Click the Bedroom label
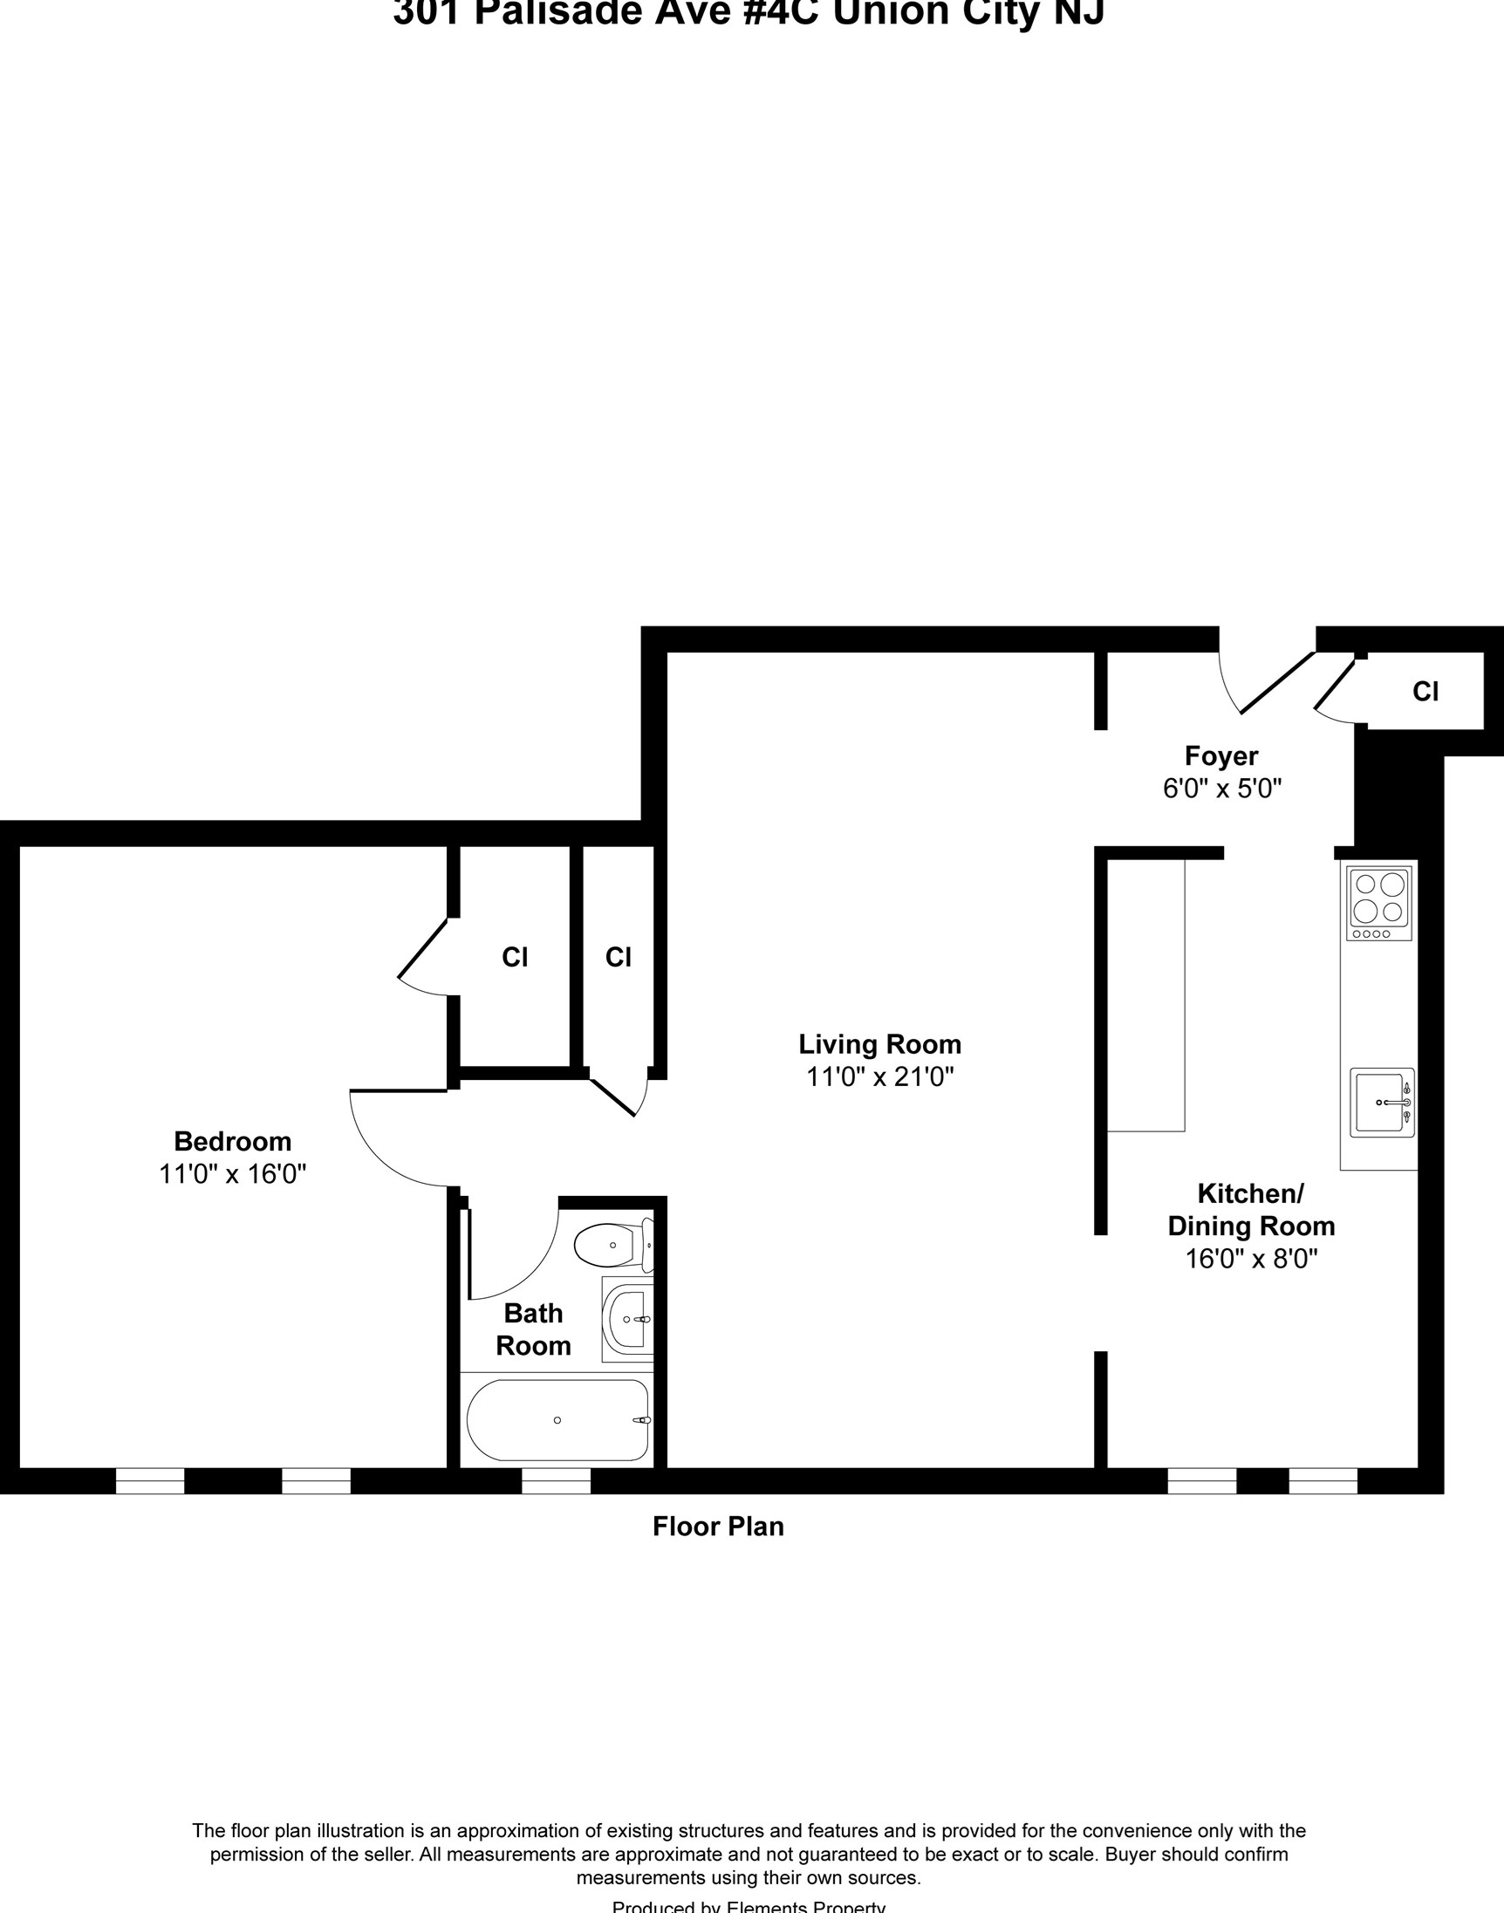(x=232, y=1141)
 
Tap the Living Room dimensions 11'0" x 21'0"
(x=879, y=1076)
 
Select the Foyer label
(x=1220, y=755)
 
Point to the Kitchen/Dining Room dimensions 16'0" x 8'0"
(x=1250, y=1259)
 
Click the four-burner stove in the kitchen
(x=1379, y=902)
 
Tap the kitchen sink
(x=1382, y=1103)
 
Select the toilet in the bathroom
(x=612, y=1245)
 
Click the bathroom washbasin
(x=629, y=1320)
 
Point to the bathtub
(x=557, y=1420)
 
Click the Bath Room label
(x=533, y=1329)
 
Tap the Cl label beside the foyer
(x=1425, y=692)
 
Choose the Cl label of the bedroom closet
(x=514, y=957)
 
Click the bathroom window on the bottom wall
(x=556, y=1480)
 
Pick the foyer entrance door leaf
(x=1278, y=682)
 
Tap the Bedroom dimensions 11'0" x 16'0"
(x=232, y=1173)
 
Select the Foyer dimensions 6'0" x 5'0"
(x=1221, y=788)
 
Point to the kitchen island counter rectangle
(x=1145, y=994)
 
